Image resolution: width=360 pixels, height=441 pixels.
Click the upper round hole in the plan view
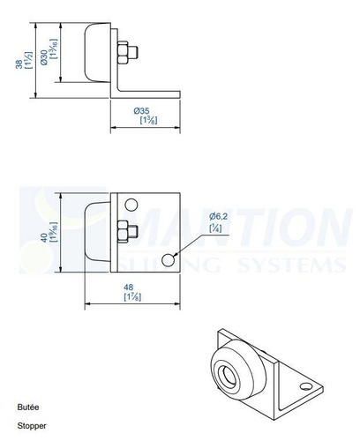coord(131,205)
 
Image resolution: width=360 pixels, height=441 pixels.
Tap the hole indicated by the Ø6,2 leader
coord(169,258)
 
